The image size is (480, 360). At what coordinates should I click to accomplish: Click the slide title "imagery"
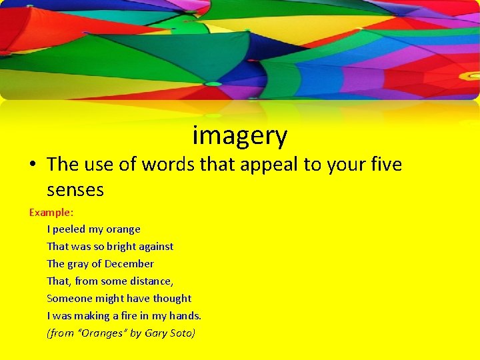[x=240, y=136]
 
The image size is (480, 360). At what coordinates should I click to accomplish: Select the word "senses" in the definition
[x=75, y=190]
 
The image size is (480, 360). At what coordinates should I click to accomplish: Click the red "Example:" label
[x=51, y=212]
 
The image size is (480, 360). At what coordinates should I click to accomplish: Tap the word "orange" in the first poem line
[x=123, y=229]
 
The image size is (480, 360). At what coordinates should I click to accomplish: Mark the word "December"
[x=129, y=264]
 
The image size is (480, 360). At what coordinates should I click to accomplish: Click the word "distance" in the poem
[x=151, y=281]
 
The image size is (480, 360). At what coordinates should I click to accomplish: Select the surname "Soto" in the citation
[x=183, y=333]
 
